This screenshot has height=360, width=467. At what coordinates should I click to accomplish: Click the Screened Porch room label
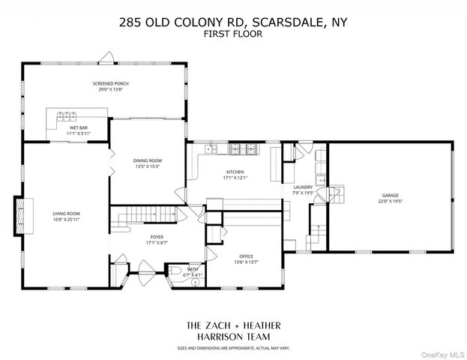click(x=106, y=83)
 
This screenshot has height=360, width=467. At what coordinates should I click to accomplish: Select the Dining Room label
click(x=147, y=160)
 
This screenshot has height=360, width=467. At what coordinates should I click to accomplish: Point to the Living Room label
click(x=65, y=214)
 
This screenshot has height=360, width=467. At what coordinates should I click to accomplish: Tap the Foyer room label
click(x=156, y=237)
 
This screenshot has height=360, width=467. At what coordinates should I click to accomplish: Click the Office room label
click(x=246, y=256)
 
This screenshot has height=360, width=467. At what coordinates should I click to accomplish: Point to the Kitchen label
click(x=235, y=172)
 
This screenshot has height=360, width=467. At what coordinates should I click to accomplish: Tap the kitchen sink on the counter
click(x=211, y=148)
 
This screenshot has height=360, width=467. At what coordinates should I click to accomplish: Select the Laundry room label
click(x=303, y=187)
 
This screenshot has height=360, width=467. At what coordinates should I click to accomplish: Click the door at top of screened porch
click(x=107, y=57)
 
